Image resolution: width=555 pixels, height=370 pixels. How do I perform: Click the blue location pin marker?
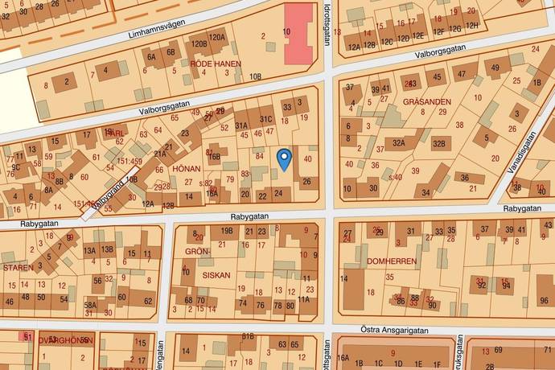coord(283,158)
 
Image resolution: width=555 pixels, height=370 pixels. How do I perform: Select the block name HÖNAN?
coord(186,170)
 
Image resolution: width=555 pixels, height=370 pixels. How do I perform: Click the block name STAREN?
coord(18,266)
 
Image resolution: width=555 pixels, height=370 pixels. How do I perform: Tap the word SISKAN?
coord(216,274)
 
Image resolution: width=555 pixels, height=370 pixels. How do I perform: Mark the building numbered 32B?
coord(438,145)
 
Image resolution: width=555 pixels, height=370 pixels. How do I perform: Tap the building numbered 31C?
coord(265,121)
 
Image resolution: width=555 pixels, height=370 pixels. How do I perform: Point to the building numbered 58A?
coord(91,305)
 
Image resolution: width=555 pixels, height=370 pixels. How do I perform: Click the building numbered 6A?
coord(150,56)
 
